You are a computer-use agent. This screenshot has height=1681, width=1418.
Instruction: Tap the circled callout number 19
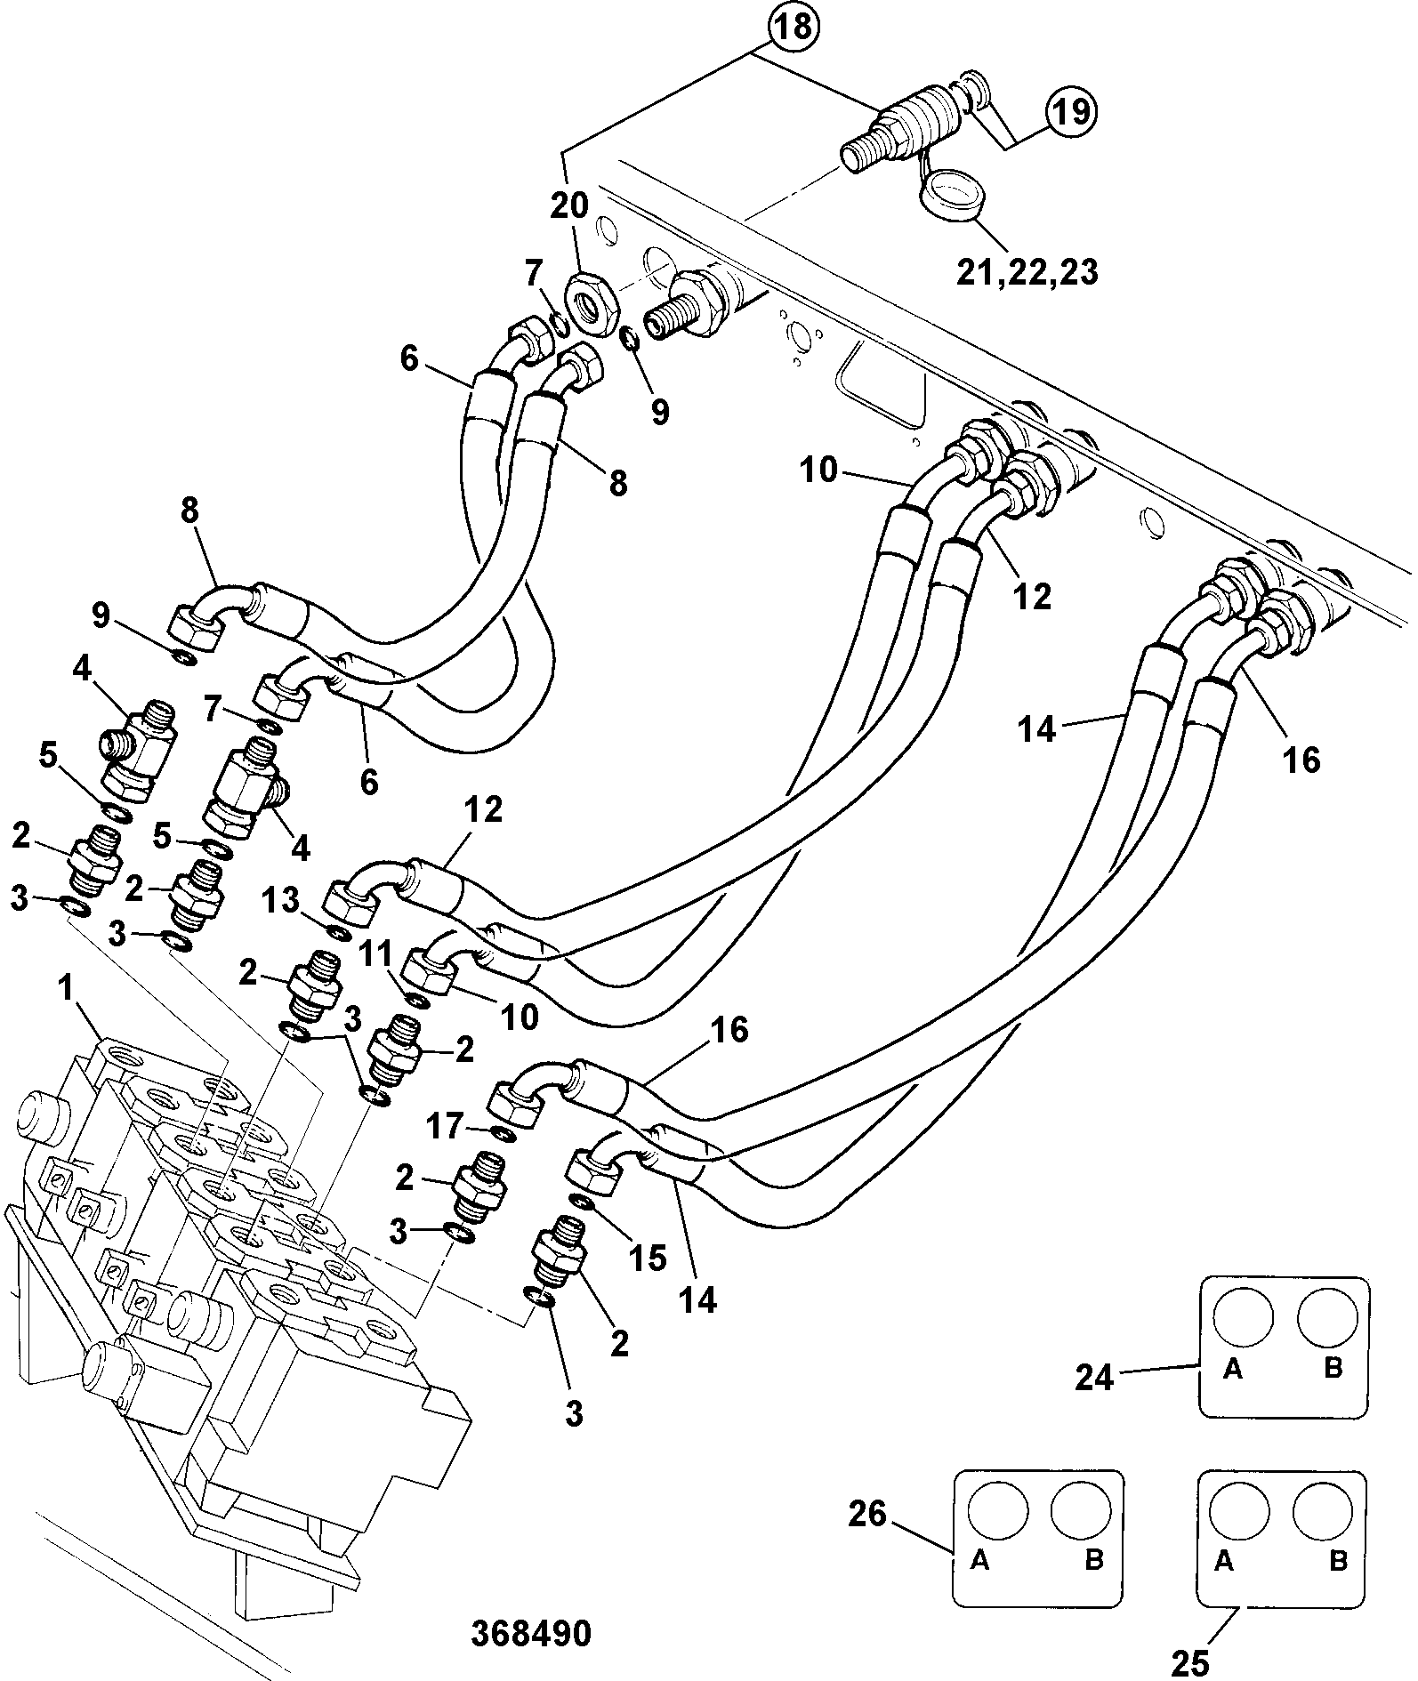coord(1071,113)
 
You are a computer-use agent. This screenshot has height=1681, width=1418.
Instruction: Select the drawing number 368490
coord(532,1635)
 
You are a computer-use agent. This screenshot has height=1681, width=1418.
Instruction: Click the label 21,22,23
coord(1027,271)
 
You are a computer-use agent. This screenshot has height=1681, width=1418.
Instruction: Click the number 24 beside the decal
coord(1094,1378)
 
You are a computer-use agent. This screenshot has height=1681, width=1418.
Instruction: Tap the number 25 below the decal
coord(1191,1660)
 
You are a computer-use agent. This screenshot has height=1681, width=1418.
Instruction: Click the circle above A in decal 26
coord(998,1510)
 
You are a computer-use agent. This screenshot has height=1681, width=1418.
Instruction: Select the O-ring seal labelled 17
coord(501,1135)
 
